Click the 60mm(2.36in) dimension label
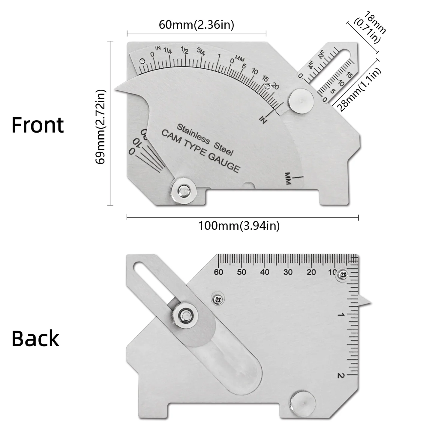[x=196, y=25]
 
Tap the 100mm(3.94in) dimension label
[x=239, y=226]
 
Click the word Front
[x=38, y=125]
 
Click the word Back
[x=35, y=338]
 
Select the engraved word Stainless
[x=193, y=134]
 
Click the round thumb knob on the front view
[x=301, y=101]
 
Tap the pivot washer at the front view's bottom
[x=183, y=190]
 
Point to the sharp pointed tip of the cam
[x=115, y=90]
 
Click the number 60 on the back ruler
[x=218, y=272]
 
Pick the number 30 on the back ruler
[x=288, y=272]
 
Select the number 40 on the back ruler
[x=265, y=272]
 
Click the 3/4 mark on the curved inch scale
[x=201, y=52]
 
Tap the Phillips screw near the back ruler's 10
[x=343, y=274]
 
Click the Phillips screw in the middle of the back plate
[x=218, y=299]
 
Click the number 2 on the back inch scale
[x=340, y=375]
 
